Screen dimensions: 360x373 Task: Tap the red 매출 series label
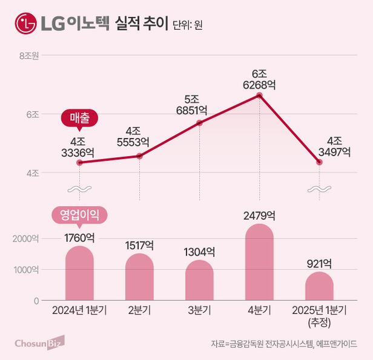click(x=79, y=118)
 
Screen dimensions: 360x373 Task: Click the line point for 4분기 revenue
click(x=259, y=96)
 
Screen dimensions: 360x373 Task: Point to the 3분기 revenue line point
click(x=199, y=123)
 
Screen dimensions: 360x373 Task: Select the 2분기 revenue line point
click(x=140, y=156)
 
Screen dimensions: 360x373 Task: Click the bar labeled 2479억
click(x=259, y=263)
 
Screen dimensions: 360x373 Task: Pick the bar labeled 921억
click(x=319, y=286)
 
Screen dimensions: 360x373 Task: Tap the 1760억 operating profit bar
click(x=79, y=273)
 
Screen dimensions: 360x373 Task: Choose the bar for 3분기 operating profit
click(x=199, y=280)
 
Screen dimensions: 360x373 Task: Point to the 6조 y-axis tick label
click(x=32, y=114)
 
